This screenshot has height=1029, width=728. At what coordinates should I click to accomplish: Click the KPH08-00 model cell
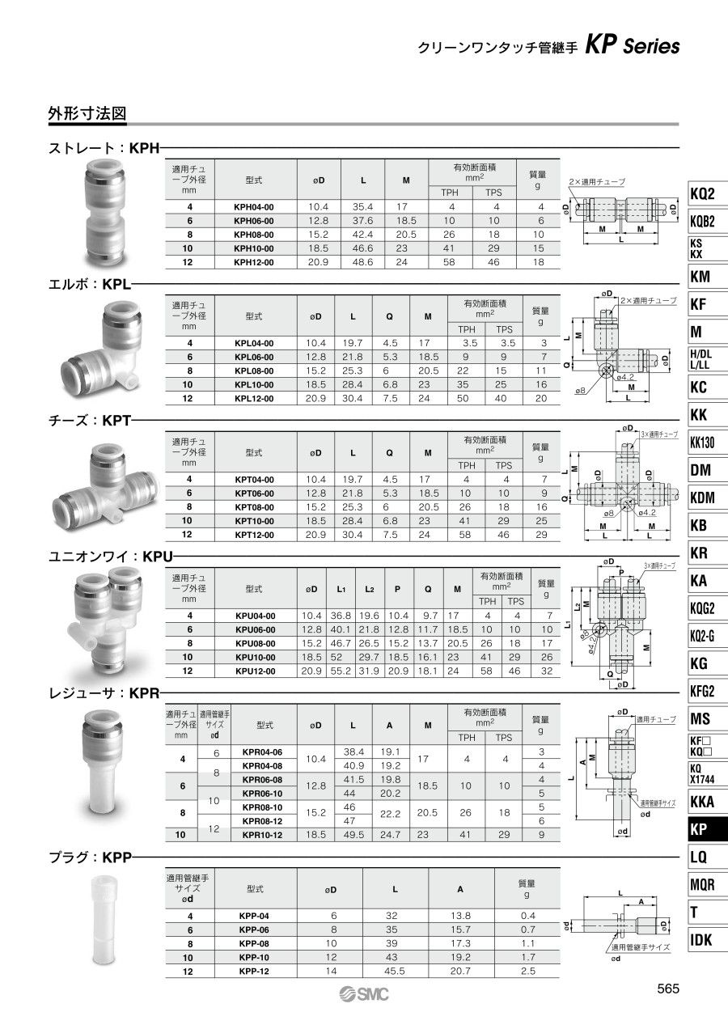tap(253, 235)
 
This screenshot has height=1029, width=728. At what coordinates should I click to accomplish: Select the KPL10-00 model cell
tap(254, 384)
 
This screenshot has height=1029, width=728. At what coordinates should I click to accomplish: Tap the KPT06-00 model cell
tap(254, 493)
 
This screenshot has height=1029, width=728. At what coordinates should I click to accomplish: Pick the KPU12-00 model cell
tap(256, 671)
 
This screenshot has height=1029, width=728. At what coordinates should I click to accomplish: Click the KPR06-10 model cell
tap(262, 794)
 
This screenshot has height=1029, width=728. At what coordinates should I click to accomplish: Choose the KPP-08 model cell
tap(254, 943)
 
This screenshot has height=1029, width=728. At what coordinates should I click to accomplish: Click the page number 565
tap(668, 988)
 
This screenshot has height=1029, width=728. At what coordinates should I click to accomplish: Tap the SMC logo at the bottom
tap(364, 994)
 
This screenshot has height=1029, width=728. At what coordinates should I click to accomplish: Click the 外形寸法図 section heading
tap(87, 114)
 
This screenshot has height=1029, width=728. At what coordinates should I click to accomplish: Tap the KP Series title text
tap(632, 46)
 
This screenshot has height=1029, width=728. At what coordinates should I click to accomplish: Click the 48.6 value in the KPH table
tap(362, 262)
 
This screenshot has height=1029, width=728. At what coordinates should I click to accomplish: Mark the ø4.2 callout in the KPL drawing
tap(625, 377)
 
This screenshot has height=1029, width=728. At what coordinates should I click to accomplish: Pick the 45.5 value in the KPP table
tap(395, 971)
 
